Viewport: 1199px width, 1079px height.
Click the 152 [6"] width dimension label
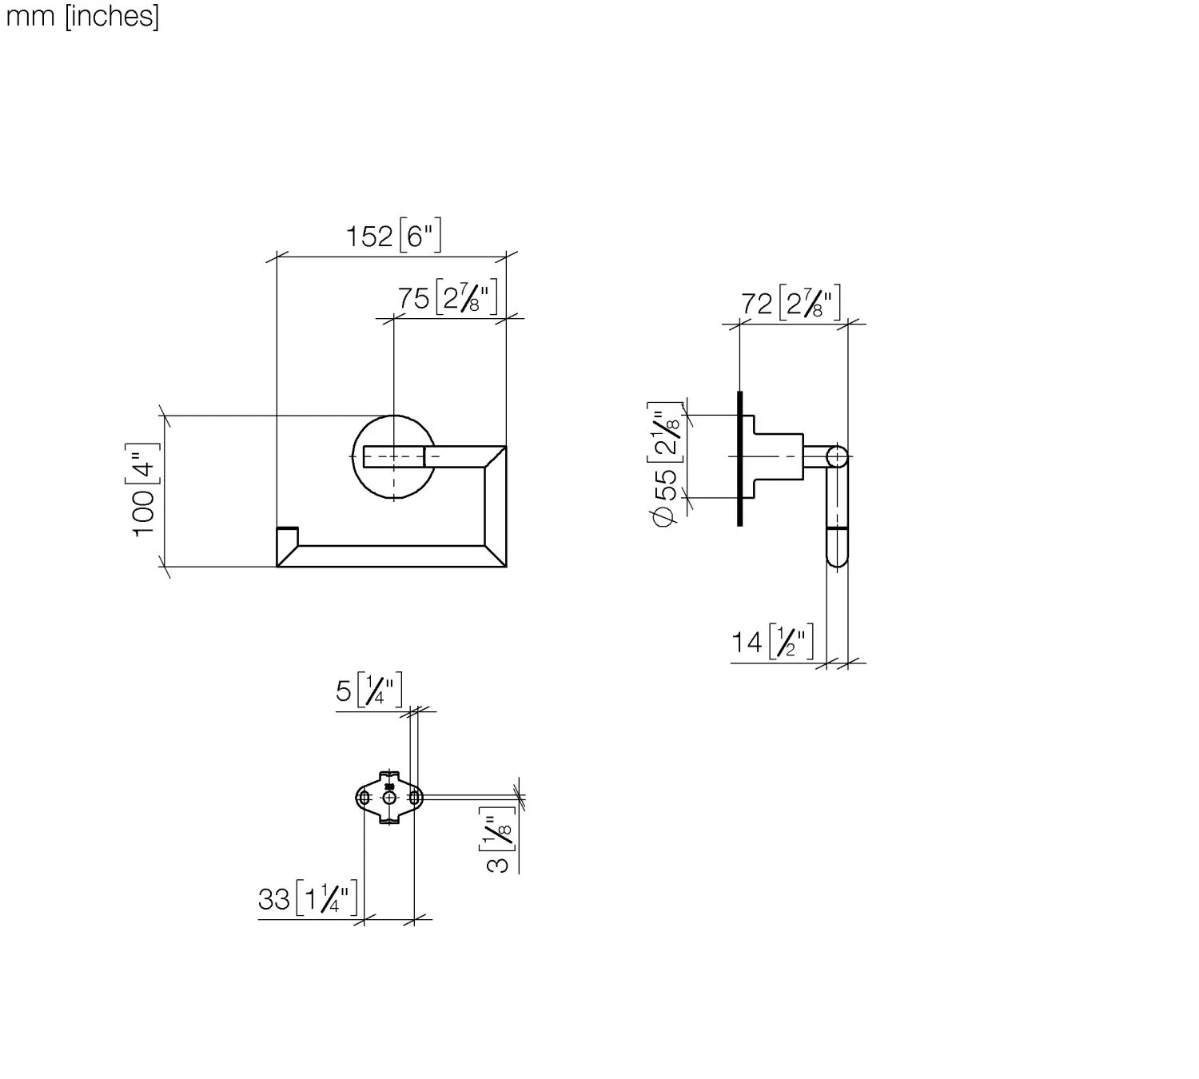tap(393, 237)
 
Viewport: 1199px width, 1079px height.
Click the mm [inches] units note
tap(82, 16)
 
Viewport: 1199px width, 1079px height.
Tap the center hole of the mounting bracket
tap(389, 798)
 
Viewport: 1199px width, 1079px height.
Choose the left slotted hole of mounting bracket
tap(364, 798)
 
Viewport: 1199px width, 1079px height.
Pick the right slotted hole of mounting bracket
tap(414, 798)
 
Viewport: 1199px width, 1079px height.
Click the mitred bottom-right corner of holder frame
tap(494, 555)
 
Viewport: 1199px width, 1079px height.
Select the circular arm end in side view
tap(837, 457)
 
